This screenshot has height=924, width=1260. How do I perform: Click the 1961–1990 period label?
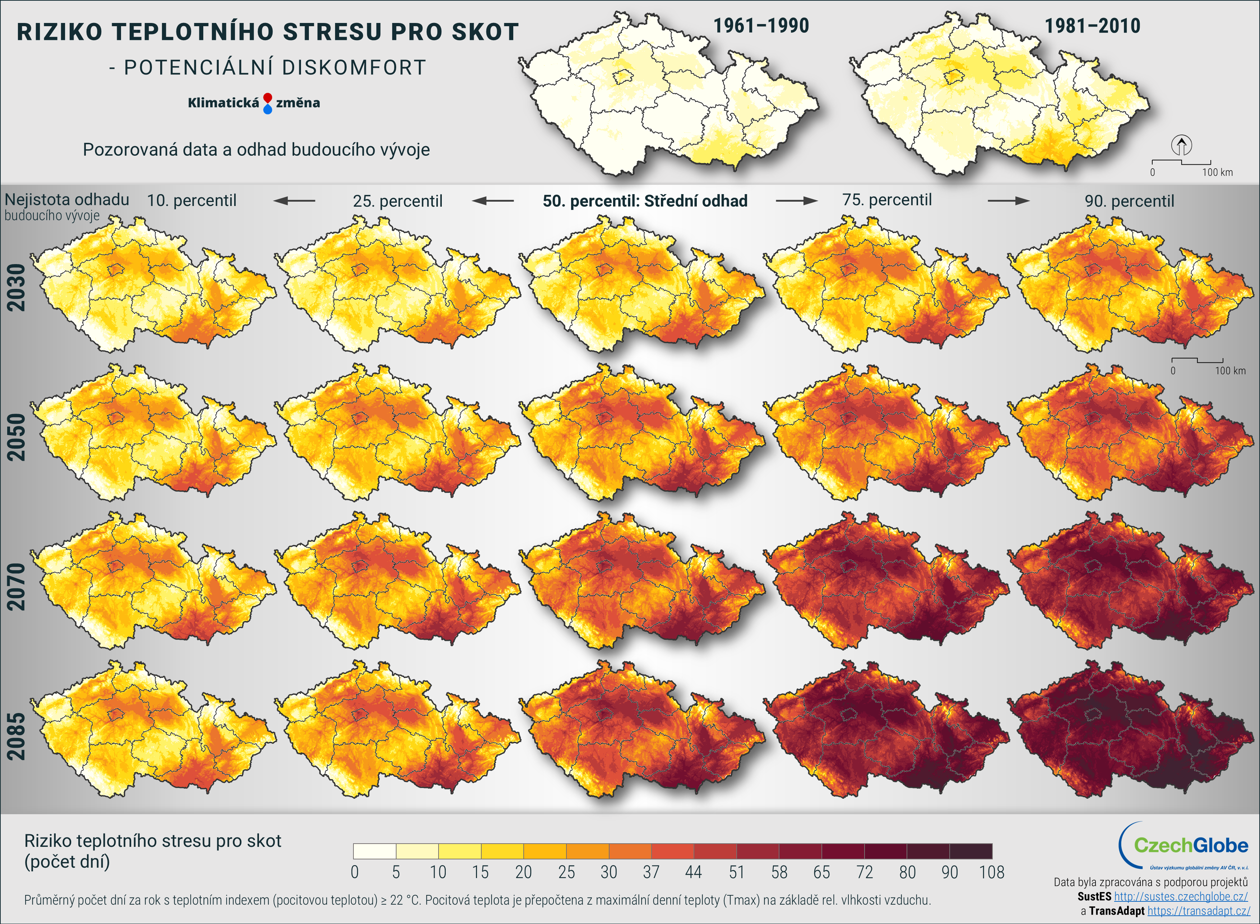(x=761, y=26)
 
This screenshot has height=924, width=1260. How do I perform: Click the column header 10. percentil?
(x=191, y=200)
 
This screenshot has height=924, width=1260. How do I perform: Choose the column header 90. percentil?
(x=1129, y=201)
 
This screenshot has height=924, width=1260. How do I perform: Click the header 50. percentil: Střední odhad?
(x=645, y=201)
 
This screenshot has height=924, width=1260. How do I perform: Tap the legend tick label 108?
(x=991, y=872)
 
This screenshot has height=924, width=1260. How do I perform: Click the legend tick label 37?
(x=651, y=872)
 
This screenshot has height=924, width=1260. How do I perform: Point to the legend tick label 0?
(x=354, y=872)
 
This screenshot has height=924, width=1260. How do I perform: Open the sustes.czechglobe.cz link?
(x=1181, y=897)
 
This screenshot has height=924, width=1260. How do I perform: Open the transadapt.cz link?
(x=1199, y=911)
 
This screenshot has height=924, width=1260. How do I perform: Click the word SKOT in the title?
(x=485, y=32)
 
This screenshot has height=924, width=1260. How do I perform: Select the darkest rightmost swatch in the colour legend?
(x=971, y=851)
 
